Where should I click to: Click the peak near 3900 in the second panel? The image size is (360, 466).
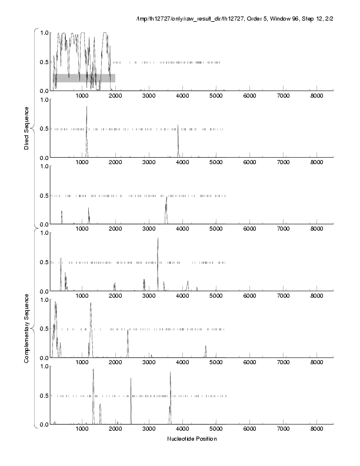[178, 127]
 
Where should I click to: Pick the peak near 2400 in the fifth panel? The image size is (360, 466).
[128, 331]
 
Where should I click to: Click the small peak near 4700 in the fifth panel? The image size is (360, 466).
[205, 347]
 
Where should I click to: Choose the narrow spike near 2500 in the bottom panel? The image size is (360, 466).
[131, 380]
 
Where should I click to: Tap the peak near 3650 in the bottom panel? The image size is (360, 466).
[170, 373]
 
